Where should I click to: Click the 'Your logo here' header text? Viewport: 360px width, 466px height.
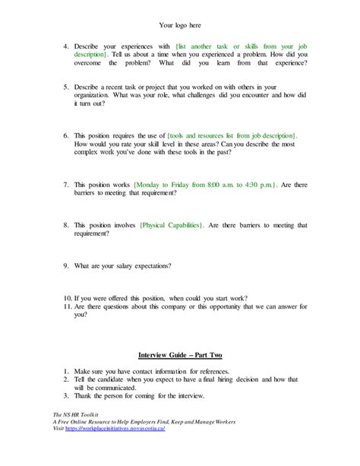coord(180,25)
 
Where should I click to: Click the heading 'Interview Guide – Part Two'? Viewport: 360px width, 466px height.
coord(179,355)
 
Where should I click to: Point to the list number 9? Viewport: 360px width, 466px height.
coord(66,266)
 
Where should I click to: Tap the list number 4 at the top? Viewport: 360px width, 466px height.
coord(66,47)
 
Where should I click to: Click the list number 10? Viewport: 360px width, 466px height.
coord(66,297)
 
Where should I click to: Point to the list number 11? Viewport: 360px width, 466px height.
coord(66,306)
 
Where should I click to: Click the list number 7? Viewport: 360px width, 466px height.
coord(66,185)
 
